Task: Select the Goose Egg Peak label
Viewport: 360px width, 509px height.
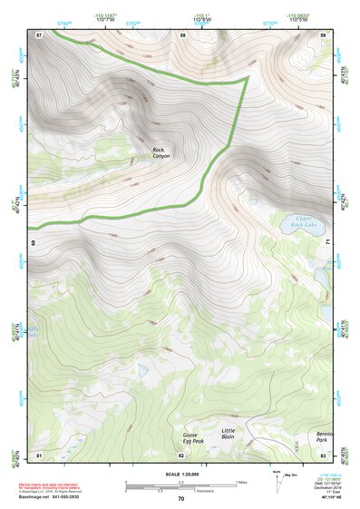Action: [x=193, y=439]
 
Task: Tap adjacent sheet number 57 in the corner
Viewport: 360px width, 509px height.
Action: [x=39, y=34]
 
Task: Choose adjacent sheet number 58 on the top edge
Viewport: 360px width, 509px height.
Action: [x=183, y=34]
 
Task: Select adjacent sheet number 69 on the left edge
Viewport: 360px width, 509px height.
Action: [x=34, y=243]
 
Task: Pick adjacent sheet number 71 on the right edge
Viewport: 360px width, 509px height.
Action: [x=328, y=243]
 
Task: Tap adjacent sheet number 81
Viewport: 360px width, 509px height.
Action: [x=39, y=454]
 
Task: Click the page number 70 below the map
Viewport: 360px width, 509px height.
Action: [x=181, y=498]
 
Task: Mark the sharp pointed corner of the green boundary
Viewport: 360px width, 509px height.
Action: [x=247, y=80]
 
